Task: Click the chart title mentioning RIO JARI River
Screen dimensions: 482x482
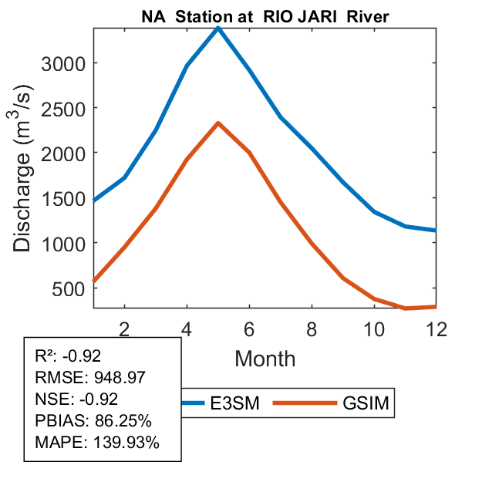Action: pyautogui.click(x=265, y=18)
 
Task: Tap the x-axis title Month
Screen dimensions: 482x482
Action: pyautogui.click(x=265, y=358)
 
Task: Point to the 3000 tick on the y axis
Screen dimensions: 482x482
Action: pyautogui.click(x=62, y=63)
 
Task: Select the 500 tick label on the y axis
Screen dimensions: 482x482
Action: pyautogui.click(x=69, y=288)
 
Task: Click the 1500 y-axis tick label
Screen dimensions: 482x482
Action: pyautogui.click(x=62, y=198)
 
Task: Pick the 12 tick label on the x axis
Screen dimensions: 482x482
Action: pyautogui.click(x=436, y=329)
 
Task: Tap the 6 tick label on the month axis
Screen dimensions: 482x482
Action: pyautogui.click(x=249, y=329)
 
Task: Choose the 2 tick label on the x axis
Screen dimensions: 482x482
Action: pyautogui.click(x=125, y=329)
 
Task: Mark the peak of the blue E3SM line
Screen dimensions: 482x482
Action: pyautogui.click(x=218, y=28)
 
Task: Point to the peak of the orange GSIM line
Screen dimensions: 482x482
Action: pyautogui.click(x=218, y=123)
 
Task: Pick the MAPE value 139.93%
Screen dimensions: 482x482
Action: pyautogui.click(x=126, y=443)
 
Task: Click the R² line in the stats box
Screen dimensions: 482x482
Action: pyautogui.click(x=69, y=356)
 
